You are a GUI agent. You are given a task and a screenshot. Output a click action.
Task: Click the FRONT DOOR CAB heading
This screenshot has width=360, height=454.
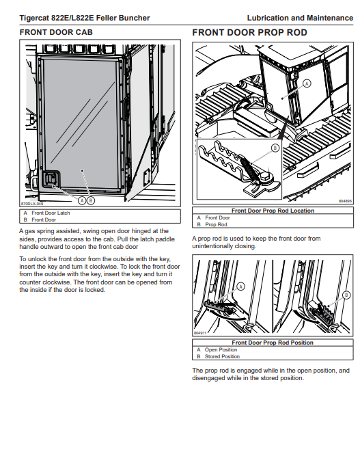tap(56, 32)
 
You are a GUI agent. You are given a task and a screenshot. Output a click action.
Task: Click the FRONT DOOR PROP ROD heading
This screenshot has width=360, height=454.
tap(249, 32)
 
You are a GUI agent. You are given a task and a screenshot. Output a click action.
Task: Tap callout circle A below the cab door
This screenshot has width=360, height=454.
tap(82, 200)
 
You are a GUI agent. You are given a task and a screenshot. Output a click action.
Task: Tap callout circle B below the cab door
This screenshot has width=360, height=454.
tap(91, 200)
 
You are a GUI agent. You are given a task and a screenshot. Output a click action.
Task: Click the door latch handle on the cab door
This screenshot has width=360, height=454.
tap(51, 179)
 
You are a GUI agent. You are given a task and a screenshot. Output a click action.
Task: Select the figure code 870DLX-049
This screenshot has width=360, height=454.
tap(32, 204)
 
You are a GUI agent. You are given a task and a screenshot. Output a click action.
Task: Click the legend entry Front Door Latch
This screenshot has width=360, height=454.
tap(51, 213)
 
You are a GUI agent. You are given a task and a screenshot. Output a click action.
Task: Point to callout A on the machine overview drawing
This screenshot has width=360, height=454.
tap(307, 83)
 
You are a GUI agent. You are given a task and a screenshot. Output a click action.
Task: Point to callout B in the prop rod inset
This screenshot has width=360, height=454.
tap(275, 148)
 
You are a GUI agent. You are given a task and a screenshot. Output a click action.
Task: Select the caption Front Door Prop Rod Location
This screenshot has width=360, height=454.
tap(273, 211)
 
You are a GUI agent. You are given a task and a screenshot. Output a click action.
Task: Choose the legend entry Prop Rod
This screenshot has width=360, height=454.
tap(216, 224)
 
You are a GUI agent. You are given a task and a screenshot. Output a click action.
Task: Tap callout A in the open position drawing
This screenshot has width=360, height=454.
tap(240, 286)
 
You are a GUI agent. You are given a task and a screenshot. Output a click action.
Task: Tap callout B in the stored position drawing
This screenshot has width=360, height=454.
tap(346, 295)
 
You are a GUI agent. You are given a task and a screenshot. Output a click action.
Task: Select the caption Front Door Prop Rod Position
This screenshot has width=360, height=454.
tap(273, 343)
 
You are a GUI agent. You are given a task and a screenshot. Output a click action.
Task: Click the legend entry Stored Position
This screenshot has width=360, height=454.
tap(222, 356)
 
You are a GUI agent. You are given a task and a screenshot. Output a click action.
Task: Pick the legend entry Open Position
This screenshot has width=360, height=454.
tap(221, 349)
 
